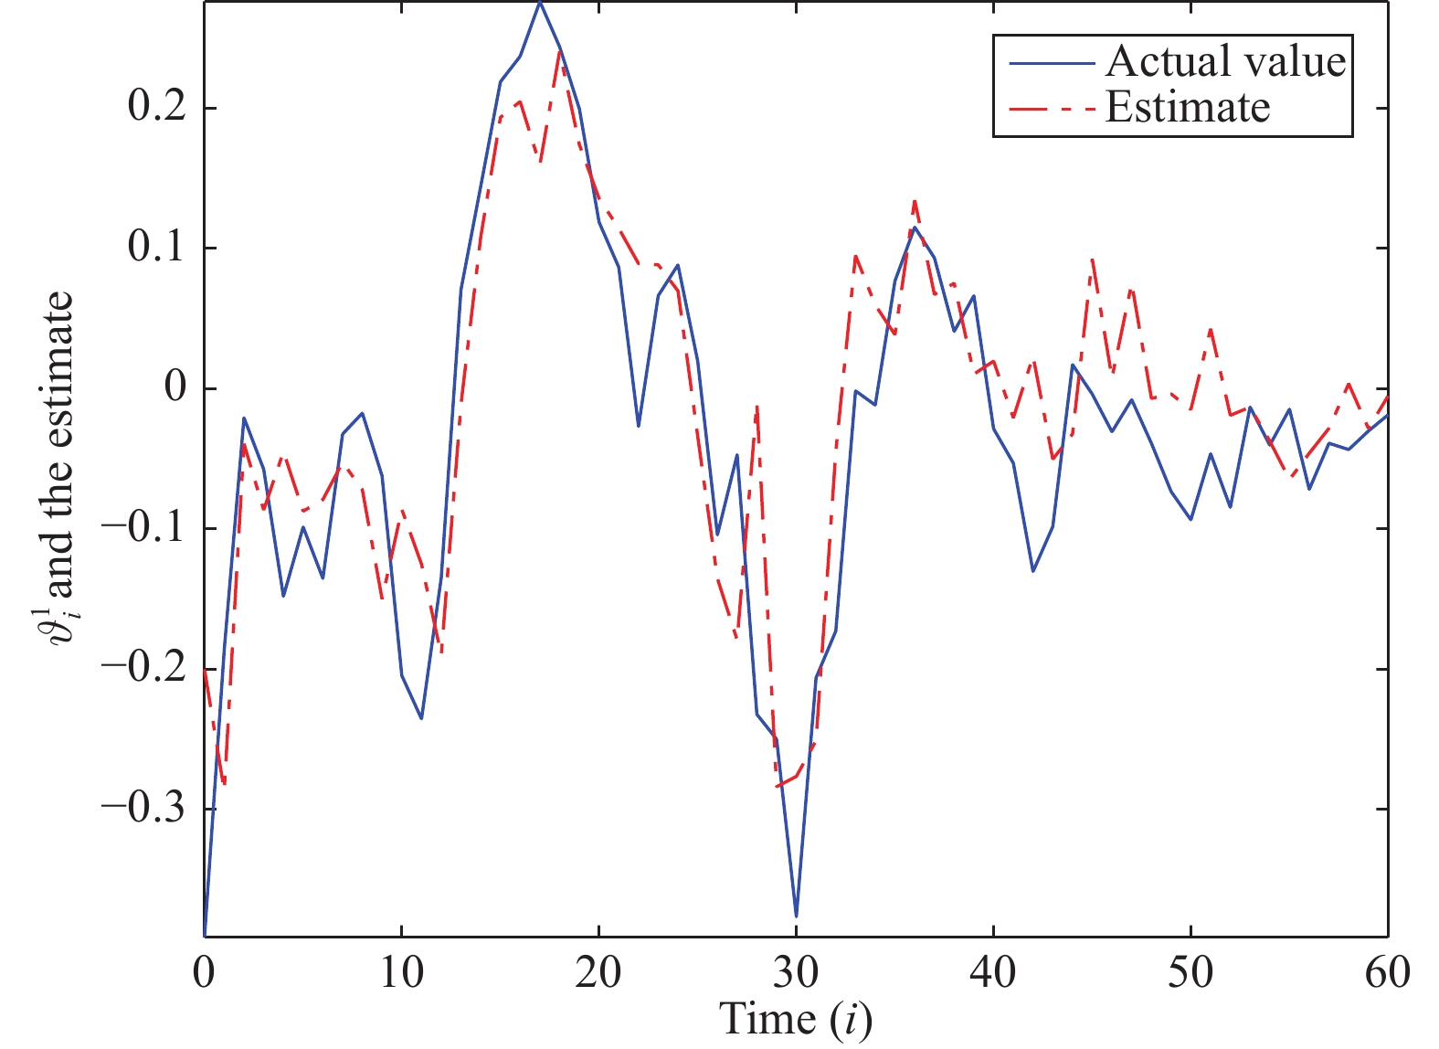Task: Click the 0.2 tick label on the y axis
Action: pyautogui.click(x=157, y=108)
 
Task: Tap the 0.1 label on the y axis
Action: pyautogui.click(x=157, y=248)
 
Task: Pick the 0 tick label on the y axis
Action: pyautogui.click(x=175, y=387)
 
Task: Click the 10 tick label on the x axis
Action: pyautogui.click(x=401, y=972)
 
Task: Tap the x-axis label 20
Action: pyautogui.click(x=598, y=972)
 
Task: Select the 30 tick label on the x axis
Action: pyautogui.click(x=796, y=972)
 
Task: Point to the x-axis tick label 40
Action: pyautogui.click(x=993, y=972)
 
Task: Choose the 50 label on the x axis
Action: pyautogui.click(x=1190, y=972)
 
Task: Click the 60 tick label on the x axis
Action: pyautogui.click(x=1387, y=972)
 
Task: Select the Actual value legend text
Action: pyautogui.click(x=1225, y=62)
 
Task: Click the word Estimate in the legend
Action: pyautogui.click(x=1188, y=108)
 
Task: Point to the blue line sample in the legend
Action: pyautogui.click(x=1051, y=63)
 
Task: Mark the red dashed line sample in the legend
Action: pyautogui.click(x=1051, y=109)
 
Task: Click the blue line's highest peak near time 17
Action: pyautogui.click(x=540, y=3)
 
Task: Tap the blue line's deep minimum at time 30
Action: pyautogui.click(x=796, y=916)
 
